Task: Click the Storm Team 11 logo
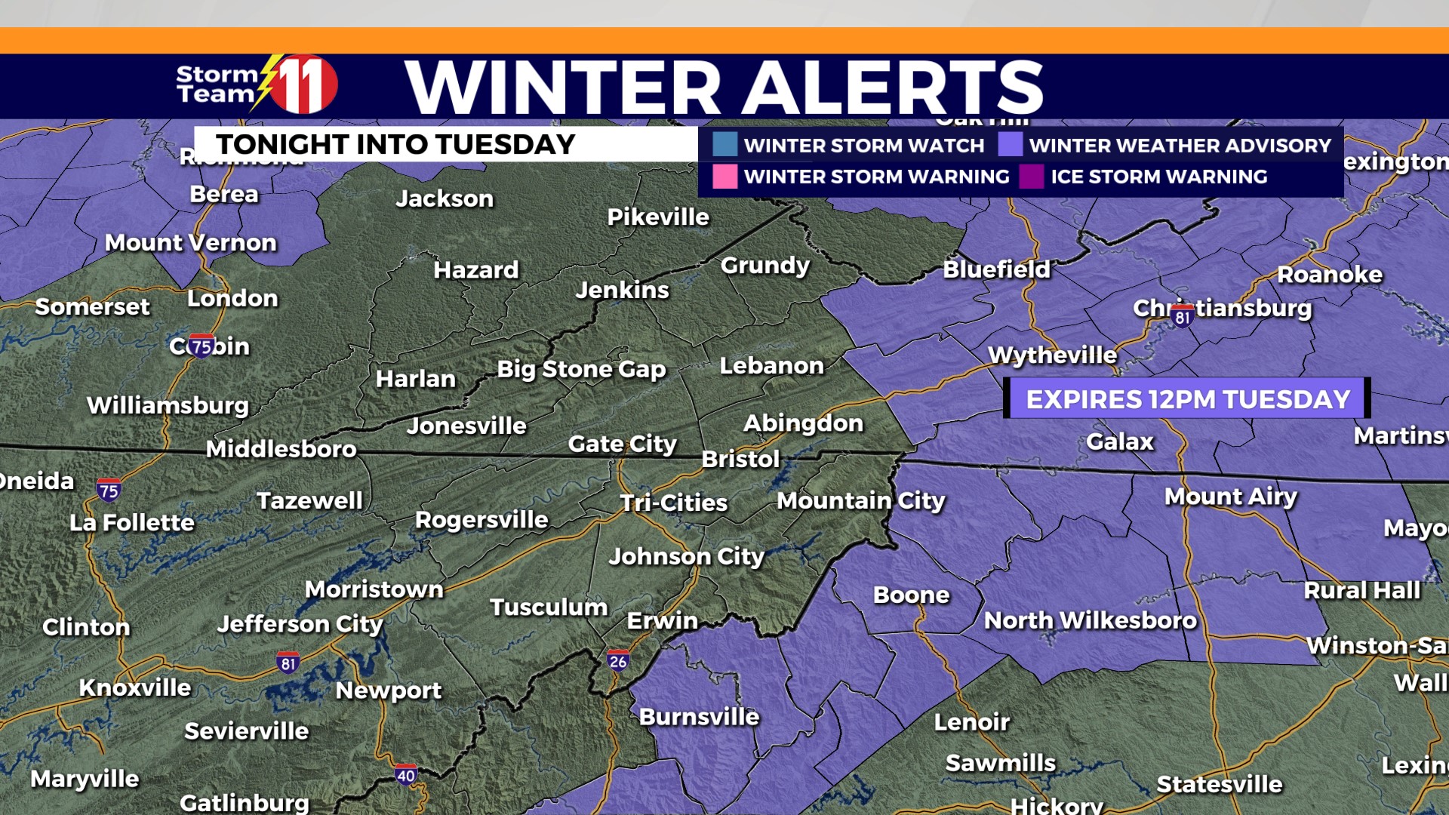257,85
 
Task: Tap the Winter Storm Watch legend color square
724,144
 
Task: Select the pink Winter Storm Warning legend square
724,176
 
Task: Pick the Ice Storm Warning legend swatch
1032,176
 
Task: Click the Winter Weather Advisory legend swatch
1011,144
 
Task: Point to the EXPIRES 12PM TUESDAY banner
1187,398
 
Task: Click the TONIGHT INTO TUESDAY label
395,144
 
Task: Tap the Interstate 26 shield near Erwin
617,661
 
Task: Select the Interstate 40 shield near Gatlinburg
405,775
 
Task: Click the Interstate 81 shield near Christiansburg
1182,317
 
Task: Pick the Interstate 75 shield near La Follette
109,491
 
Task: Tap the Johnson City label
686,557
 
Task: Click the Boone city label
911,595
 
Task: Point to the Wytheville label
1052,355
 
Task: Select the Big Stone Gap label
581,369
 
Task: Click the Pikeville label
658,217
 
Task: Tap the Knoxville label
135,687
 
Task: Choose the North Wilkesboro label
1090,620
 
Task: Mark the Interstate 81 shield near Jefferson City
288,663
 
